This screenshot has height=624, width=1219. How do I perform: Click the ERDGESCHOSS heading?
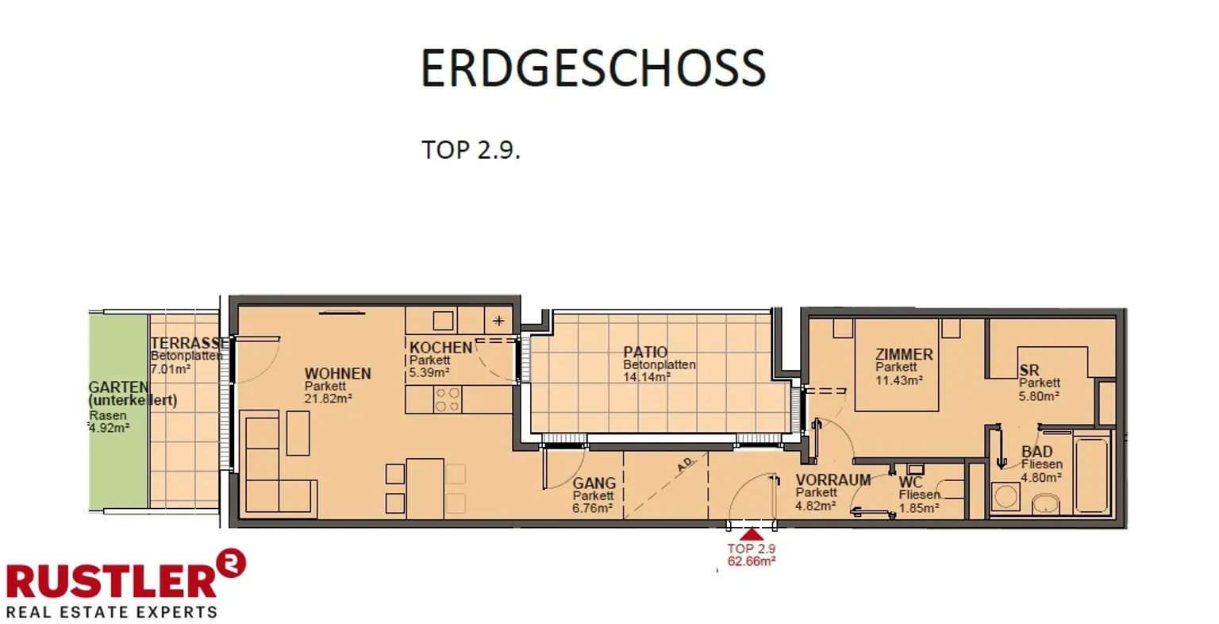coord(592,67)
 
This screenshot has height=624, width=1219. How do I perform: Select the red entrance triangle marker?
coord(751,535)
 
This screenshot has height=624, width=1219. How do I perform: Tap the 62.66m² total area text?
coord(751,560)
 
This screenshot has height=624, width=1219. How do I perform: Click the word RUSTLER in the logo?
coord(111,580)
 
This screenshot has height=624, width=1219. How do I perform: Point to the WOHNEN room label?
coord(337,374)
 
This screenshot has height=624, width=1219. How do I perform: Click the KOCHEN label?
coord(440,348)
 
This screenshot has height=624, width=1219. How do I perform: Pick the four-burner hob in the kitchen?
coord(447,399)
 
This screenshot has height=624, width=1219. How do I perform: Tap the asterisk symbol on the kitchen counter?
coord(498,321)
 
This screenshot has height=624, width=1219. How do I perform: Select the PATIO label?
coord(645,352)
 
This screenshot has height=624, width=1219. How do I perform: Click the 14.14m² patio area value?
coord(647,377)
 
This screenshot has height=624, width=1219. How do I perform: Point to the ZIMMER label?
coord(904,355)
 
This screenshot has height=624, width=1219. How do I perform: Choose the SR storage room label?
coord(1029,371)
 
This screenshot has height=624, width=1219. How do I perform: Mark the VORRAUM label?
coord(833,480)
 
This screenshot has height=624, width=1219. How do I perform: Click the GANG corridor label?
coord(594,483)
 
